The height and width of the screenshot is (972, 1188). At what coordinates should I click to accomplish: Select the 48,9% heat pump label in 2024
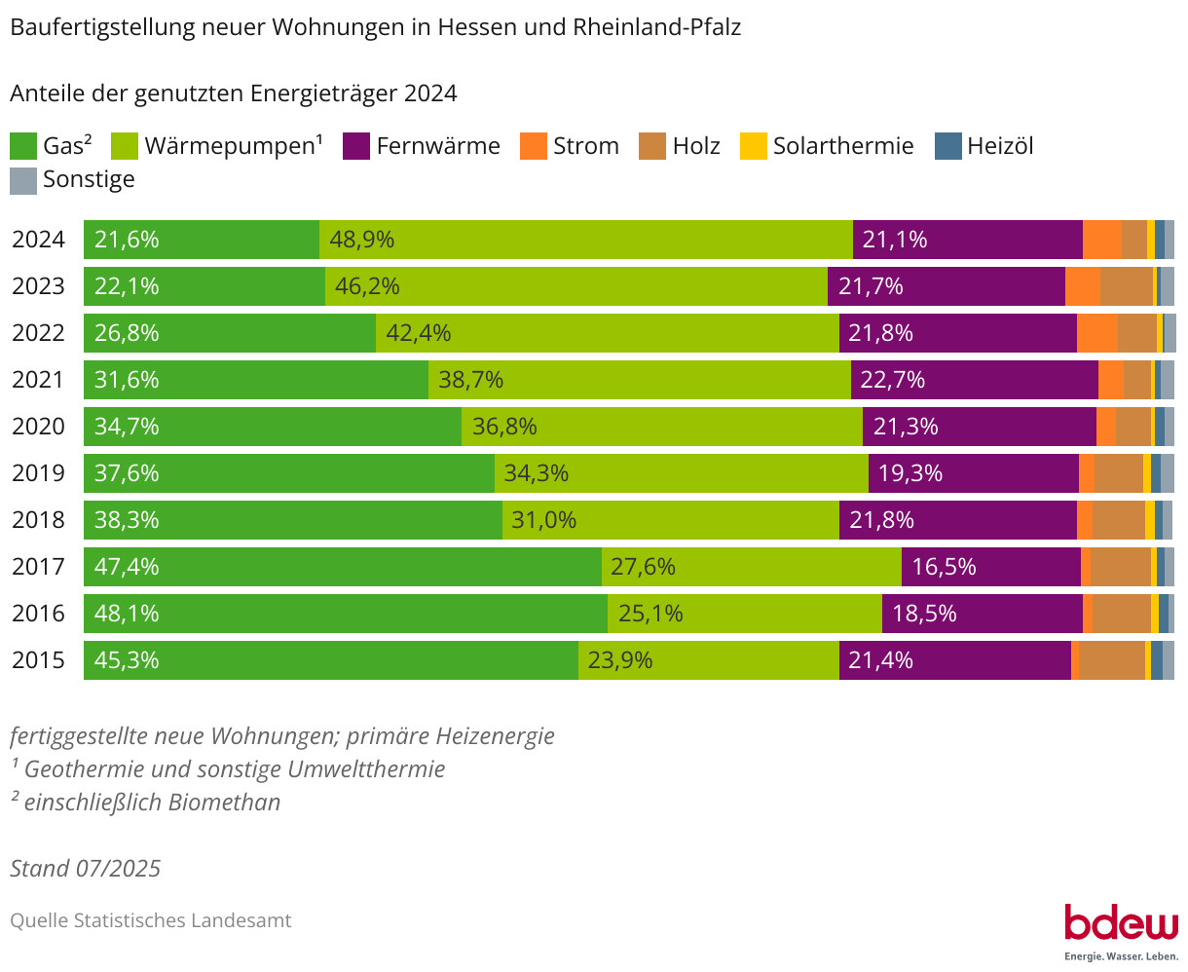[361, 240]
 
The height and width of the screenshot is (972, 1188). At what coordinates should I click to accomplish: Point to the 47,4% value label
[127, 567]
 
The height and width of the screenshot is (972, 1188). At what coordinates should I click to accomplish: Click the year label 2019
[38, 473]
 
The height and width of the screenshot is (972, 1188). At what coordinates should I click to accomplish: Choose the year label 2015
[38, 660]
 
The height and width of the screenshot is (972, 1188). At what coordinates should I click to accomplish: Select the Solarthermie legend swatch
[754, 146]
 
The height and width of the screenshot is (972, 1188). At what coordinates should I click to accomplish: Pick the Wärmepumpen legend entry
[233, 146]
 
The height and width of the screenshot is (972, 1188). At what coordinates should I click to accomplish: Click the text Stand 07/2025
[86, 868]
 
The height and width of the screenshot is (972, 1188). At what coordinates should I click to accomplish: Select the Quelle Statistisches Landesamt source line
[151, 920]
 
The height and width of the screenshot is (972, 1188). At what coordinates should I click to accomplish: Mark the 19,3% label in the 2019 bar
[910, 473]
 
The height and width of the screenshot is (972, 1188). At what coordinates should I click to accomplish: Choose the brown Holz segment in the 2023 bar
[1126, 286]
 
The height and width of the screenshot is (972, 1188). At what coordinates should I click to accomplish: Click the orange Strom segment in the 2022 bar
[1096, 333]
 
